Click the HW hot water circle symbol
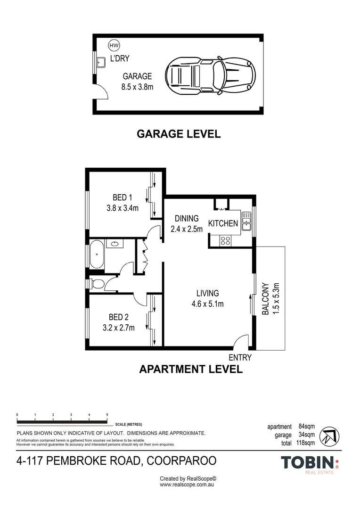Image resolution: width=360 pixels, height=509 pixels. coord(114,45)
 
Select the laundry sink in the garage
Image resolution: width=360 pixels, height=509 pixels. coord(100,63)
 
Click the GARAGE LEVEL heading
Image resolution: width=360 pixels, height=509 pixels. coord(178,134)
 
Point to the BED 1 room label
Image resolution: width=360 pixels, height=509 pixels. coord(123,197)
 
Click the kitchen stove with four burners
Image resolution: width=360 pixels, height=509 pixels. coord(226,240)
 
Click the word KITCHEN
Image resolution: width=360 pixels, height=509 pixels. coord(223,223)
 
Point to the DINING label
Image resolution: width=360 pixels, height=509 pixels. coord(187,219)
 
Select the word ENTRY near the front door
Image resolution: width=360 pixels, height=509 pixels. coord(240,357)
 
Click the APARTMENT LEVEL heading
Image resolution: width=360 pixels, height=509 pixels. coord(191,369)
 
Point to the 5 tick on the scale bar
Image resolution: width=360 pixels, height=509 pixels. coord(107,415)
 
